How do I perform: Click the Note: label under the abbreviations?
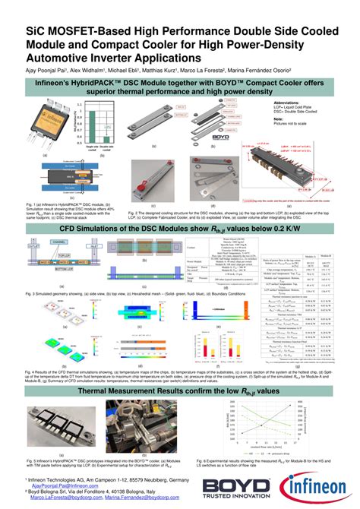278,119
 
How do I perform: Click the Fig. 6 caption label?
202,460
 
